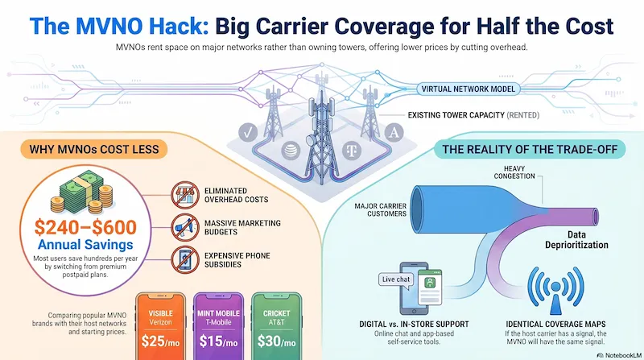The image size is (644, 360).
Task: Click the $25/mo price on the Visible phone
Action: (x=160, y=341)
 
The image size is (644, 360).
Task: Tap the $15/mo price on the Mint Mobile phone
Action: (x=218, y=341)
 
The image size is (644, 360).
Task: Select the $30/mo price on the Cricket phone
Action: (x=276, y=341)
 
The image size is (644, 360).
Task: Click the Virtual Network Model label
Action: (x=468, y=89)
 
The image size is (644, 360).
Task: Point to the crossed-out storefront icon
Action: (x=185, y=195)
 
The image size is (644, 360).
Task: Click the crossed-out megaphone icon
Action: (x=185, y=227)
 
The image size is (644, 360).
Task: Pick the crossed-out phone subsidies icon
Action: (x=185, y=259)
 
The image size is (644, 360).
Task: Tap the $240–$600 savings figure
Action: (x=85, y=227)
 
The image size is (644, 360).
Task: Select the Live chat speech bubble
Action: (x=395, y=279)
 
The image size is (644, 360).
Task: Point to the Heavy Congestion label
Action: (x=514, y=172)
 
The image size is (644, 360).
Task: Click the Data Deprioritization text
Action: (x=576, y=239)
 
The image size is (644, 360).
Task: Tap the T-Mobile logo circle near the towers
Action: (x=352, y=151)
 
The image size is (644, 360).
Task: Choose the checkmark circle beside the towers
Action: (x=248, y=133)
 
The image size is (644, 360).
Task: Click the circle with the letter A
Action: (x=394, y=132)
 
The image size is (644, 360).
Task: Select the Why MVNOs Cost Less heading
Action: (x=94, y=149)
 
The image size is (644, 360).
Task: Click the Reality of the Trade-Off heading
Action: (x=530, y=149)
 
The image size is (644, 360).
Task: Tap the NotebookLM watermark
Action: (x=619, y=355)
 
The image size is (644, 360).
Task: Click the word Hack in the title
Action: (x=175, y=26)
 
